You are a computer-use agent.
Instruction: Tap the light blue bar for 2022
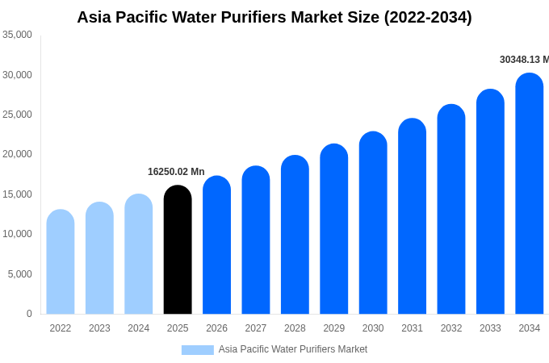[x=61, y=262]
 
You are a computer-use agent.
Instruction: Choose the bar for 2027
[x=256, y=240]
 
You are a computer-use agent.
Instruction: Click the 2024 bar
[x=139, y=254]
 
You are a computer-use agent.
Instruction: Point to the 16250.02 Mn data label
[x=176, y=172]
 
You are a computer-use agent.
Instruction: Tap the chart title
[x=274, y=17]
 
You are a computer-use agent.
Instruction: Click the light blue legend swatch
[x=197, y=349]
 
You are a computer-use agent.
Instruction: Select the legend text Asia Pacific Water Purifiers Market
[x=292, y=349]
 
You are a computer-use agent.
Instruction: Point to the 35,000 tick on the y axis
[x=17, y=35]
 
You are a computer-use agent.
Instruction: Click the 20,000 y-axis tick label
[x=17, y=154]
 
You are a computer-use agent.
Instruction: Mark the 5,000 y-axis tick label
[x=19, y=274]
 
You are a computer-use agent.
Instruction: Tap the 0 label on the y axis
[x=29, y=314]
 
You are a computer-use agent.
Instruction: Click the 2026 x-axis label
[x=216, y=328]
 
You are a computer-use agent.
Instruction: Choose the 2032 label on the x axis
[x=451, y=328]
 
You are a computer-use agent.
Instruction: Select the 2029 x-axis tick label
[x=334, y=328]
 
